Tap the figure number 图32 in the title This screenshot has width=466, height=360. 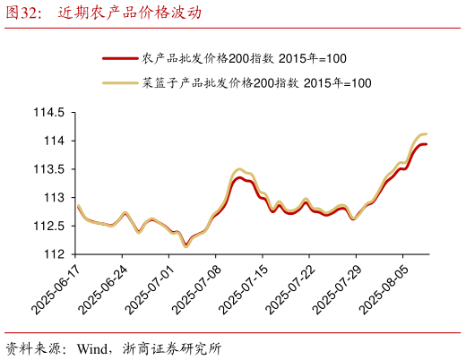pos(24,13)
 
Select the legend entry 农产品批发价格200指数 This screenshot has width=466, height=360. pos(244,58)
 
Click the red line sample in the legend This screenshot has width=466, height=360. pos(120,58)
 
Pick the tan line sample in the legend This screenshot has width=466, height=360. pos(120,83)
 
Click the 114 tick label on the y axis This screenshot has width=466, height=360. pos(54,141)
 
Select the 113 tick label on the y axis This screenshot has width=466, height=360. pos(54,197)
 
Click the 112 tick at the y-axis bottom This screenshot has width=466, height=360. pos(54,254)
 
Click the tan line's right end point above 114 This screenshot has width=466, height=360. pos(426,134)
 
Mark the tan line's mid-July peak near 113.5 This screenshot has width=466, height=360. pos(238,168)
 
